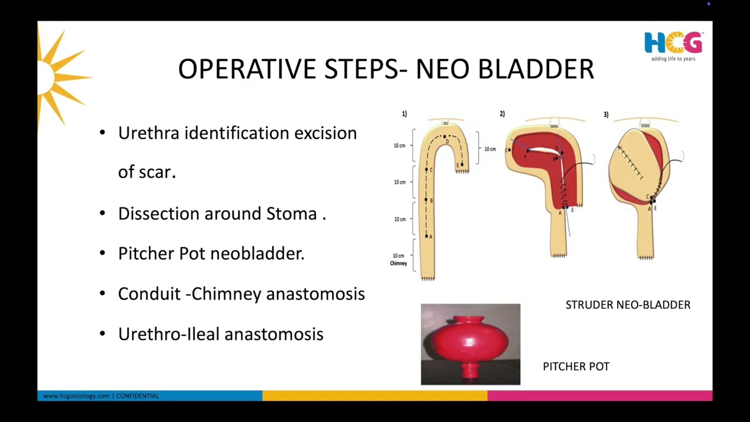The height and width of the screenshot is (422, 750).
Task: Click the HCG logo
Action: [673, 46]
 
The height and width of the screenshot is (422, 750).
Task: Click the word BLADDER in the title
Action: [536, 69]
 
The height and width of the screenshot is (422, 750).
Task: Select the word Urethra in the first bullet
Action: [149, 133]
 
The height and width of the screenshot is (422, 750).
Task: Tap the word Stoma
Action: [292, 213]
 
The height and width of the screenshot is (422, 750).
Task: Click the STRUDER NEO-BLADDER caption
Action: [628, 305]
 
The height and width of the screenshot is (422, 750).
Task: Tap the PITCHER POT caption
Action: [576, 366]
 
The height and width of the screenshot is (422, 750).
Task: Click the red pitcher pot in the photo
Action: [470, 345]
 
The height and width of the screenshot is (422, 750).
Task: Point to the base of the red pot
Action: [470, 371]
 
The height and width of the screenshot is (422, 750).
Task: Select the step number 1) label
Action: [404, 114]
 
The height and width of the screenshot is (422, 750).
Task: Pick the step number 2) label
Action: [502, 114]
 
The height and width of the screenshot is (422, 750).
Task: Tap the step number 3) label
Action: [606, 114]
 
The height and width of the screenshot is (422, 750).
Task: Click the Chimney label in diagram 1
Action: [398, 263]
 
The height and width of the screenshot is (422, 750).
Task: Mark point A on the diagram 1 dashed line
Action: [427, 236]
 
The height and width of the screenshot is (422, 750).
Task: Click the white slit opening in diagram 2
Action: [544, 151]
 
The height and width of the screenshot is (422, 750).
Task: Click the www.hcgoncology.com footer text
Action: [76, 396]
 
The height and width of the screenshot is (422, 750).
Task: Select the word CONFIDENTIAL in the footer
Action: [138, 396]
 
